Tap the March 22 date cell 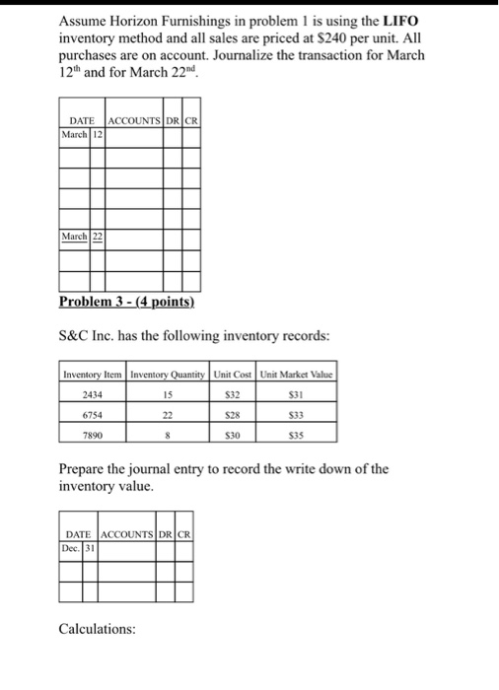78,237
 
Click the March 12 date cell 78,134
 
